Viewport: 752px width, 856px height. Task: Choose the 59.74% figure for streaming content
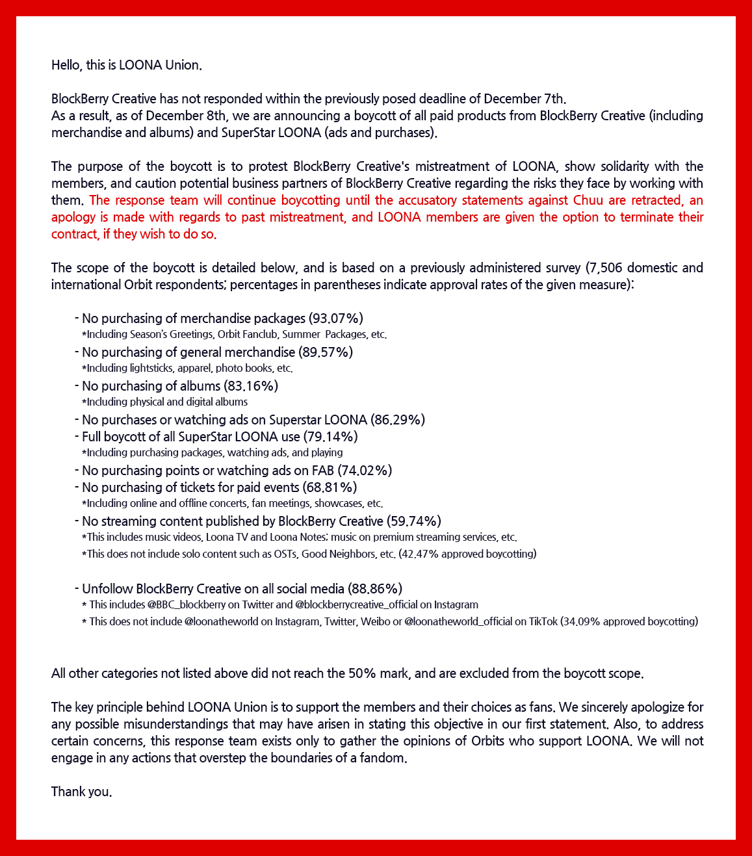[414, 521]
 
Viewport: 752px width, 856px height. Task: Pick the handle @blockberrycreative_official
[356, 604]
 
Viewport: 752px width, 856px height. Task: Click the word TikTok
[543, 621]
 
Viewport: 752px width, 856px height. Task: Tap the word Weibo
[377, 621]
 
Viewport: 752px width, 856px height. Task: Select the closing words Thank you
[81, 792]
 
